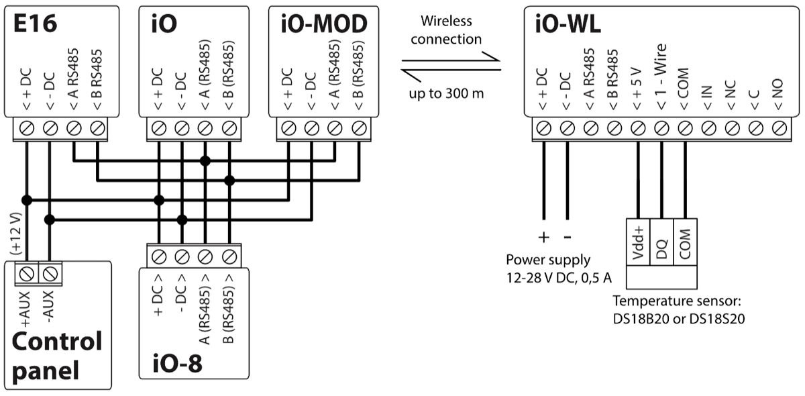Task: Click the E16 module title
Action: [36, 24]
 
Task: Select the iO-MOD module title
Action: [323, 24]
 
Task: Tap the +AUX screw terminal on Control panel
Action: [27, 273]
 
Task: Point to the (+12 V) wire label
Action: [15, 232]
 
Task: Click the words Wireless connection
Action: [446, 31]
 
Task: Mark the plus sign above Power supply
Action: [544, 238]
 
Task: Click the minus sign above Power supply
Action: [568, 238]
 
